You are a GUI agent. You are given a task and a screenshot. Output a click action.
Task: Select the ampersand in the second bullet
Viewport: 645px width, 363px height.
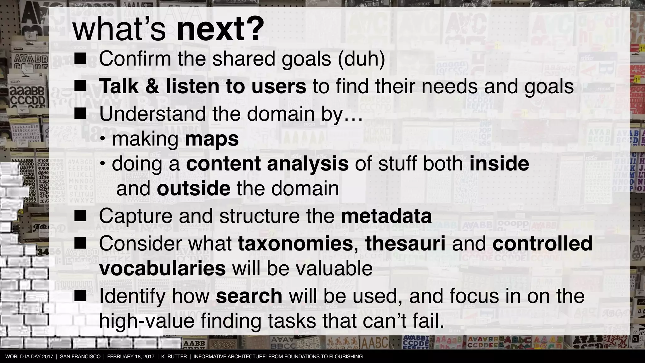(152, 86)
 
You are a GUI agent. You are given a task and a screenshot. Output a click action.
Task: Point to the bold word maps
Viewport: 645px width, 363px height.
(212, 139)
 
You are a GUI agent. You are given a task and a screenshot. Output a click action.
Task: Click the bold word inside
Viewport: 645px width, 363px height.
(499, 164)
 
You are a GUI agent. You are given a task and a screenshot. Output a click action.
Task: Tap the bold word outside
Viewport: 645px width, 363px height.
(193, 188)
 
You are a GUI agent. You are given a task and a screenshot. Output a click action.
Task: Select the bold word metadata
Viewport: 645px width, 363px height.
(386, 216)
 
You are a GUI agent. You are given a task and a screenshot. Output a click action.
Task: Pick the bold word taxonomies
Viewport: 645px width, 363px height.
(295, 244)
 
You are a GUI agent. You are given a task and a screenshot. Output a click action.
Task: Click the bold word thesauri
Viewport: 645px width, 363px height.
(405, 244)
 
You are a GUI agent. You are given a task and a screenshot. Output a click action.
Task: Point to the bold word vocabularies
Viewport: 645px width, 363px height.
(162, 268)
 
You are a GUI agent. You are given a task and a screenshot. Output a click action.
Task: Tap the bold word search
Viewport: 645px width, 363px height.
(249, 296)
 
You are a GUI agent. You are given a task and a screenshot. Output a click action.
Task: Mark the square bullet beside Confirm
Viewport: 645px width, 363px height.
(80, 59)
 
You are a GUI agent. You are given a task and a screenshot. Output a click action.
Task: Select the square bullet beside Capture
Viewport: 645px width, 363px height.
(80, 216)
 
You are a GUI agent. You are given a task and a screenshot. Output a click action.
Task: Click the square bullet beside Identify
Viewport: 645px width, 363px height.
(80, 296)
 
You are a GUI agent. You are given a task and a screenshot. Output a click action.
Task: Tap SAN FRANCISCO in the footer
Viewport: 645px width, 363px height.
(80, 357)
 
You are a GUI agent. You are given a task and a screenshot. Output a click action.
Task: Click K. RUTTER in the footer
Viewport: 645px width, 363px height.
(174, 357)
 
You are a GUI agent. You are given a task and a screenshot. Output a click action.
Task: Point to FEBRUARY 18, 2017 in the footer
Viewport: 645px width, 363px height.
(131, 357)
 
